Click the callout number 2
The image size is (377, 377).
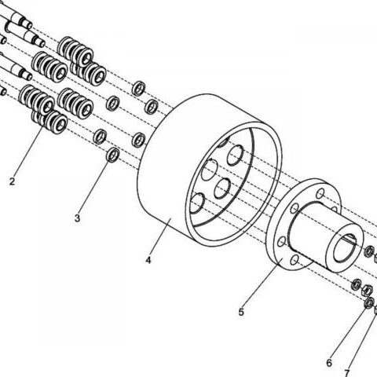pyautogui.click(x=12, y=181)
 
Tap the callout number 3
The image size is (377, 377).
pyautogui.click(x=77, y=218)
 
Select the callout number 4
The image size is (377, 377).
pyautogui.click(x=148, y=260)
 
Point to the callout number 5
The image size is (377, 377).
pyautogui.click(x=241, y=312)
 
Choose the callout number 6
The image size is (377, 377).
pyautogui.click(x=329, y=363)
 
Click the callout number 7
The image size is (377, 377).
pyautogui.click(x=347, y=372)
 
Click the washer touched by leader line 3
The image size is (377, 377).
pyautogui.click(x=113, y=155)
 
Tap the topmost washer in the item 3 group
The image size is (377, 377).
pyautogui.click(x=139, y=89)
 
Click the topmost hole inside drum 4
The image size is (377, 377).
pyautogui.click(x=235, y=156)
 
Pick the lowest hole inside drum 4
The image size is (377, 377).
pyautogui.click(x=196, y=203)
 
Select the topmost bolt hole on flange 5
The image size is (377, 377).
pyautogui.click(x=320, y=194)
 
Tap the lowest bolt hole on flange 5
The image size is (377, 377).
pyautogui.click(x=295, y=261)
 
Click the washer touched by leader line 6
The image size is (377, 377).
pyautogui.click(x=369, y=303)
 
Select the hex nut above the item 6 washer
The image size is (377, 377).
pyautogui.click(x=367, y=290)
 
